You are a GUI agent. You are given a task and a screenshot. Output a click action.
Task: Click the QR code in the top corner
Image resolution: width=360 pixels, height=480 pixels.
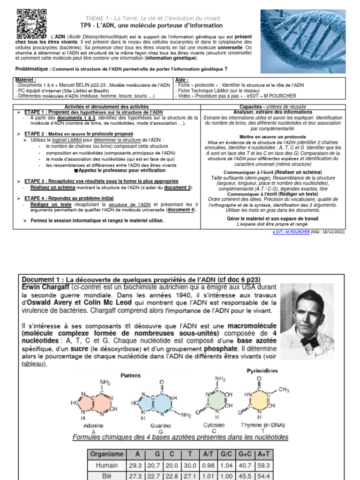click(x=32, y=24)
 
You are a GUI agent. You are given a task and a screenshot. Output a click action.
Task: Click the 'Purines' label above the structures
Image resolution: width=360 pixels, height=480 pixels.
click(x=130, y=375)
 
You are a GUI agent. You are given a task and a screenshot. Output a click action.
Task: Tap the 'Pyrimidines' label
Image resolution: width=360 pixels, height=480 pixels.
click(x=262, y=371)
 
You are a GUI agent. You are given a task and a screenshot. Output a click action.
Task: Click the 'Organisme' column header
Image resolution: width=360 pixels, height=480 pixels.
click(x=107, y=454)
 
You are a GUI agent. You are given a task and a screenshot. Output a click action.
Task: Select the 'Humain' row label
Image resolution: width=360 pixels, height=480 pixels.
click(x=107, y=465)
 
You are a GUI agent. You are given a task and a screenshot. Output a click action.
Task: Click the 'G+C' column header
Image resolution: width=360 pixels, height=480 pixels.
click(x=245, y=454)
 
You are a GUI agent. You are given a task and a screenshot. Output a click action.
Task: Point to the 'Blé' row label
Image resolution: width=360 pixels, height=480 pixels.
click(x=107, y=475)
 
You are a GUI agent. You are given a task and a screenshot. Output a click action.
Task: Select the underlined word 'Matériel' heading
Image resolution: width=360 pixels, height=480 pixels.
click(x=25, y=80)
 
